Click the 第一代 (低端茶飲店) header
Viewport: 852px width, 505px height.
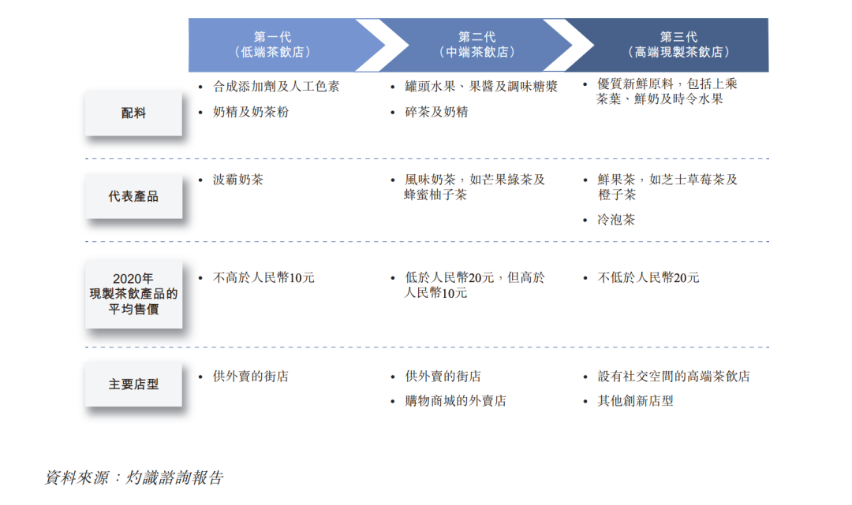pyautogui.click(x=273, y=44)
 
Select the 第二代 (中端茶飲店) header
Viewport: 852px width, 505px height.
pyautogui.click(x=477, y=44)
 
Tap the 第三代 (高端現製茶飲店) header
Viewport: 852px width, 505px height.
pyautogui.click(x=678, y=44)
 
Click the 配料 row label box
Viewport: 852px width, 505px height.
pyautogui.click(x=133, y=113)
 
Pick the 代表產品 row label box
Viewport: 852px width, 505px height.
pyautogui.click(x=133, y=196)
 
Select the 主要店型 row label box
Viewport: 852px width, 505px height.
pyautogui.click(x=133, y=384)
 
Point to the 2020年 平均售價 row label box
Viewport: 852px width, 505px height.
pyautogui.click(x=133, y=294)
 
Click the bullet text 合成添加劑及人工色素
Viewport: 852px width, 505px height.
pyautogui.click(x=276, y=86)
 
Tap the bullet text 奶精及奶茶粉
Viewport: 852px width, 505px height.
pyautogui.click(x=251, y=112)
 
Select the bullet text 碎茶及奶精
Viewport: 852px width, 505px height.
pyautogui.click(x=436, y=112)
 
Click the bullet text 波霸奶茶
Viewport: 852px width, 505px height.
pyautogui.click(x=238, y=180)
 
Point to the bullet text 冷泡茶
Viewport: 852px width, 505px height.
pyautogui.click(x=616, y=220)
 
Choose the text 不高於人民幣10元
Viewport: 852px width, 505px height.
pyautogui.click(x=263, y=278)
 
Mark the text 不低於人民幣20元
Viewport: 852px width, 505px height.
pyautogui.click(x=648, y=278)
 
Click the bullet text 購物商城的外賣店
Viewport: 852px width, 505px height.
pyautogui.click(x=455, y=401)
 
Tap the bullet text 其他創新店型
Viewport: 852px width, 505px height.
pyautogui.click(x=635, y=401)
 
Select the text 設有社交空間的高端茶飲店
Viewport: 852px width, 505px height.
pyautogui.click(x=674, y=376)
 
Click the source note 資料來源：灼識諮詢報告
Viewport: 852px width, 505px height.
pyautogui.click(x=133, y=477)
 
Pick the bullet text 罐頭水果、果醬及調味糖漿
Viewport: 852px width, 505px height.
pyautogui.click(x=481, y=86)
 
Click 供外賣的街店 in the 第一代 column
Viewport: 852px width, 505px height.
pyautogui.click(x=251, y=376)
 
